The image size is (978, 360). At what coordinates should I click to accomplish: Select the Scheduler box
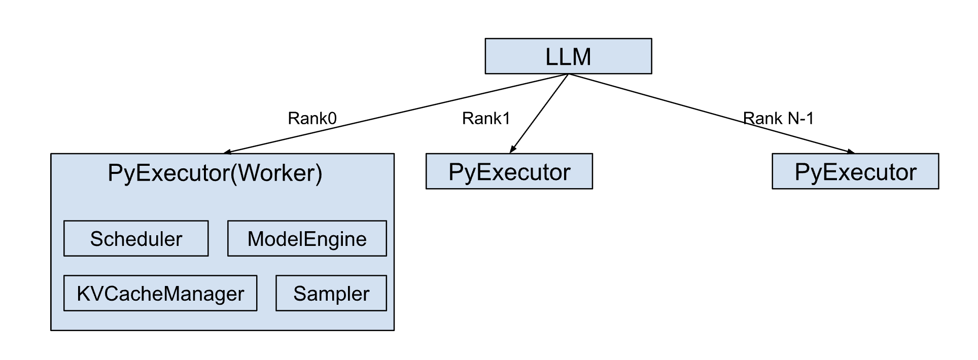pos(136,238)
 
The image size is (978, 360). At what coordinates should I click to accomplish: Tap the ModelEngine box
pos(307,238)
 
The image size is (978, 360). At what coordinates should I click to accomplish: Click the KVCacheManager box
pos(160,293)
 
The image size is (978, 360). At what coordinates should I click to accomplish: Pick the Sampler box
pos(331,293)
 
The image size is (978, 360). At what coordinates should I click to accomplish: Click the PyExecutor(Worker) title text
pos(215,173)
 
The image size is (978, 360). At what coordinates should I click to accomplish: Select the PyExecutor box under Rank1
pos(509,171)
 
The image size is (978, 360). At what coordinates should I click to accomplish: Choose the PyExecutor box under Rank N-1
pos(855,171)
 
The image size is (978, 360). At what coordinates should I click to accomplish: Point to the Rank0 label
pos(312,118)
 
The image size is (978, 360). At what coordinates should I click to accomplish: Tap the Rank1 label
pos(485,118)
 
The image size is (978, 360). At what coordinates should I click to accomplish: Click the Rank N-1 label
pos(778,118)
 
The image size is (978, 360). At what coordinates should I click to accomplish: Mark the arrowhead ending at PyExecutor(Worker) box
pos(227,152)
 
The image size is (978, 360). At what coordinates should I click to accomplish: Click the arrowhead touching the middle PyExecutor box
pos(512,150)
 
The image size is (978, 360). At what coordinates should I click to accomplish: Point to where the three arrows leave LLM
pos(568,75)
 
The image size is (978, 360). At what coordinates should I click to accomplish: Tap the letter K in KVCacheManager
pos(82,293)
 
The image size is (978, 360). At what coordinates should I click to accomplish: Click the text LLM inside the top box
pos(568,56)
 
